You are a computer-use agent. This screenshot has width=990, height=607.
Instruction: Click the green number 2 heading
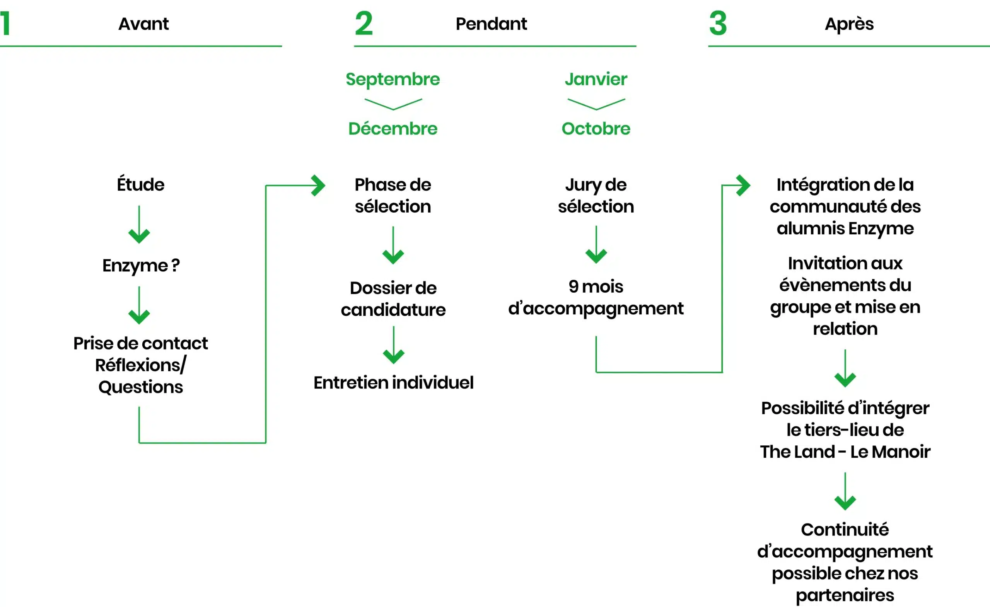click(x=364, y=24)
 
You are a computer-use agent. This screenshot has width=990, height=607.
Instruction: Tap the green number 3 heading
click(x=718, y=24)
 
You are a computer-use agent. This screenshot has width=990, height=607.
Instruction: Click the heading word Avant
click(x=143, y=24)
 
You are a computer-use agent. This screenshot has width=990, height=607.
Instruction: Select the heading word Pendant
click(x=491, y=24)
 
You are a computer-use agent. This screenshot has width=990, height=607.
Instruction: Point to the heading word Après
click(x=849, y=24)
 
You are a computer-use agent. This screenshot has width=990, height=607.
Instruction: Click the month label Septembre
click(x=393, y=79)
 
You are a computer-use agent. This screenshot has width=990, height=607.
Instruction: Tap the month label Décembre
click(x=393, y=128)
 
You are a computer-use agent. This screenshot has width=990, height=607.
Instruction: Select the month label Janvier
click(x=596, y=79)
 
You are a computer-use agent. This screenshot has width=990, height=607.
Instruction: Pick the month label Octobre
click(x=596, y=128)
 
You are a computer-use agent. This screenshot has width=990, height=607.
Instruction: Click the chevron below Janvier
click(x=596, y=104)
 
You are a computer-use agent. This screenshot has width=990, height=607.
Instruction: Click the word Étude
click(x=141, y=184)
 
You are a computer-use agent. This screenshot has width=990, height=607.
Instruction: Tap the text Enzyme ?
click(x=141, y=266)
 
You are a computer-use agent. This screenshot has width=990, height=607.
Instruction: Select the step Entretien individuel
click(x=393, y=382)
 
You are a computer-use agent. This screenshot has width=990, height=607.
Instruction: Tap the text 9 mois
click(x=596, y=286)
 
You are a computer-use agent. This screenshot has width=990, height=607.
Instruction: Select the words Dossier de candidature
click(x=393, y=299)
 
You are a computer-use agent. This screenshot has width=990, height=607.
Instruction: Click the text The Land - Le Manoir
click(x=845, y=452)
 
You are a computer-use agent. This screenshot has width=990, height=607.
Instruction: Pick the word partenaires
click(x=845, y=595)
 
